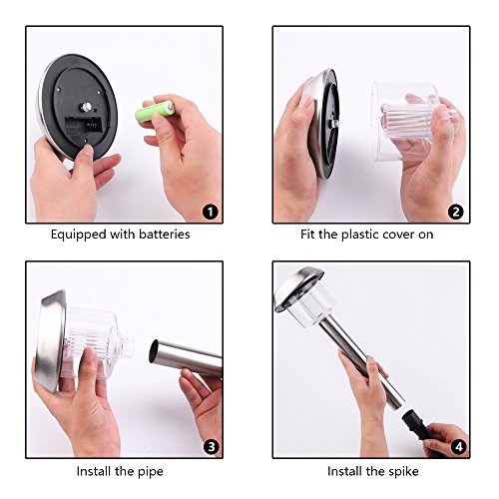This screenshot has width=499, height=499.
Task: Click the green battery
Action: click(x=155, y=110)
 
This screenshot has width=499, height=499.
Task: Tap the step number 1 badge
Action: click(x=211, y=212)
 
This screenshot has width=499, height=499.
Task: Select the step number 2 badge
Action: click(x=455, y=212)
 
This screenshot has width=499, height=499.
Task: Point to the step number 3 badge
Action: click(x=212, y=447)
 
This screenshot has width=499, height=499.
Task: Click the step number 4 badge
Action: click(x=459, y=447)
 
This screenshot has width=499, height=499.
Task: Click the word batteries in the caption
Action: click(x=165, y=235)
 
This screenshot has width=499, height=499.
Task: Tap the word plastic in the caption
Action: click(x=360, y=235)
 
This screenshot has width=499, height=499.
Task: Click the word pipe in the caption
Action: click(x=150, y=472)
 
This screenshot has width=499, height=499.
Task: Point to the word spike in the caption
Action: click(x=403, y=472)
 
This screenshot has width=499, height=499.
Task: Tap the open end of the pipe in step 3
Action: click(x=155, y=352)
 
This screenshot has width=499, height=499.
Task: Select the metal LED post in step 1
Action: click(x=86, y=107)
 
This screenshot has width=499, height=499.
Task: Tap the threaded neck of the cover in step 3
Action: click(x=127, y=347)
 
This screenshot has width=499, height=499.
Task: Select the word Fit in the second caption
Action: click(x=307, y=235)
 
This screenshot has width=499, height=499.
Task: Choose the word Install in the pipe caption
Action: click(x=94, y=471)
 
